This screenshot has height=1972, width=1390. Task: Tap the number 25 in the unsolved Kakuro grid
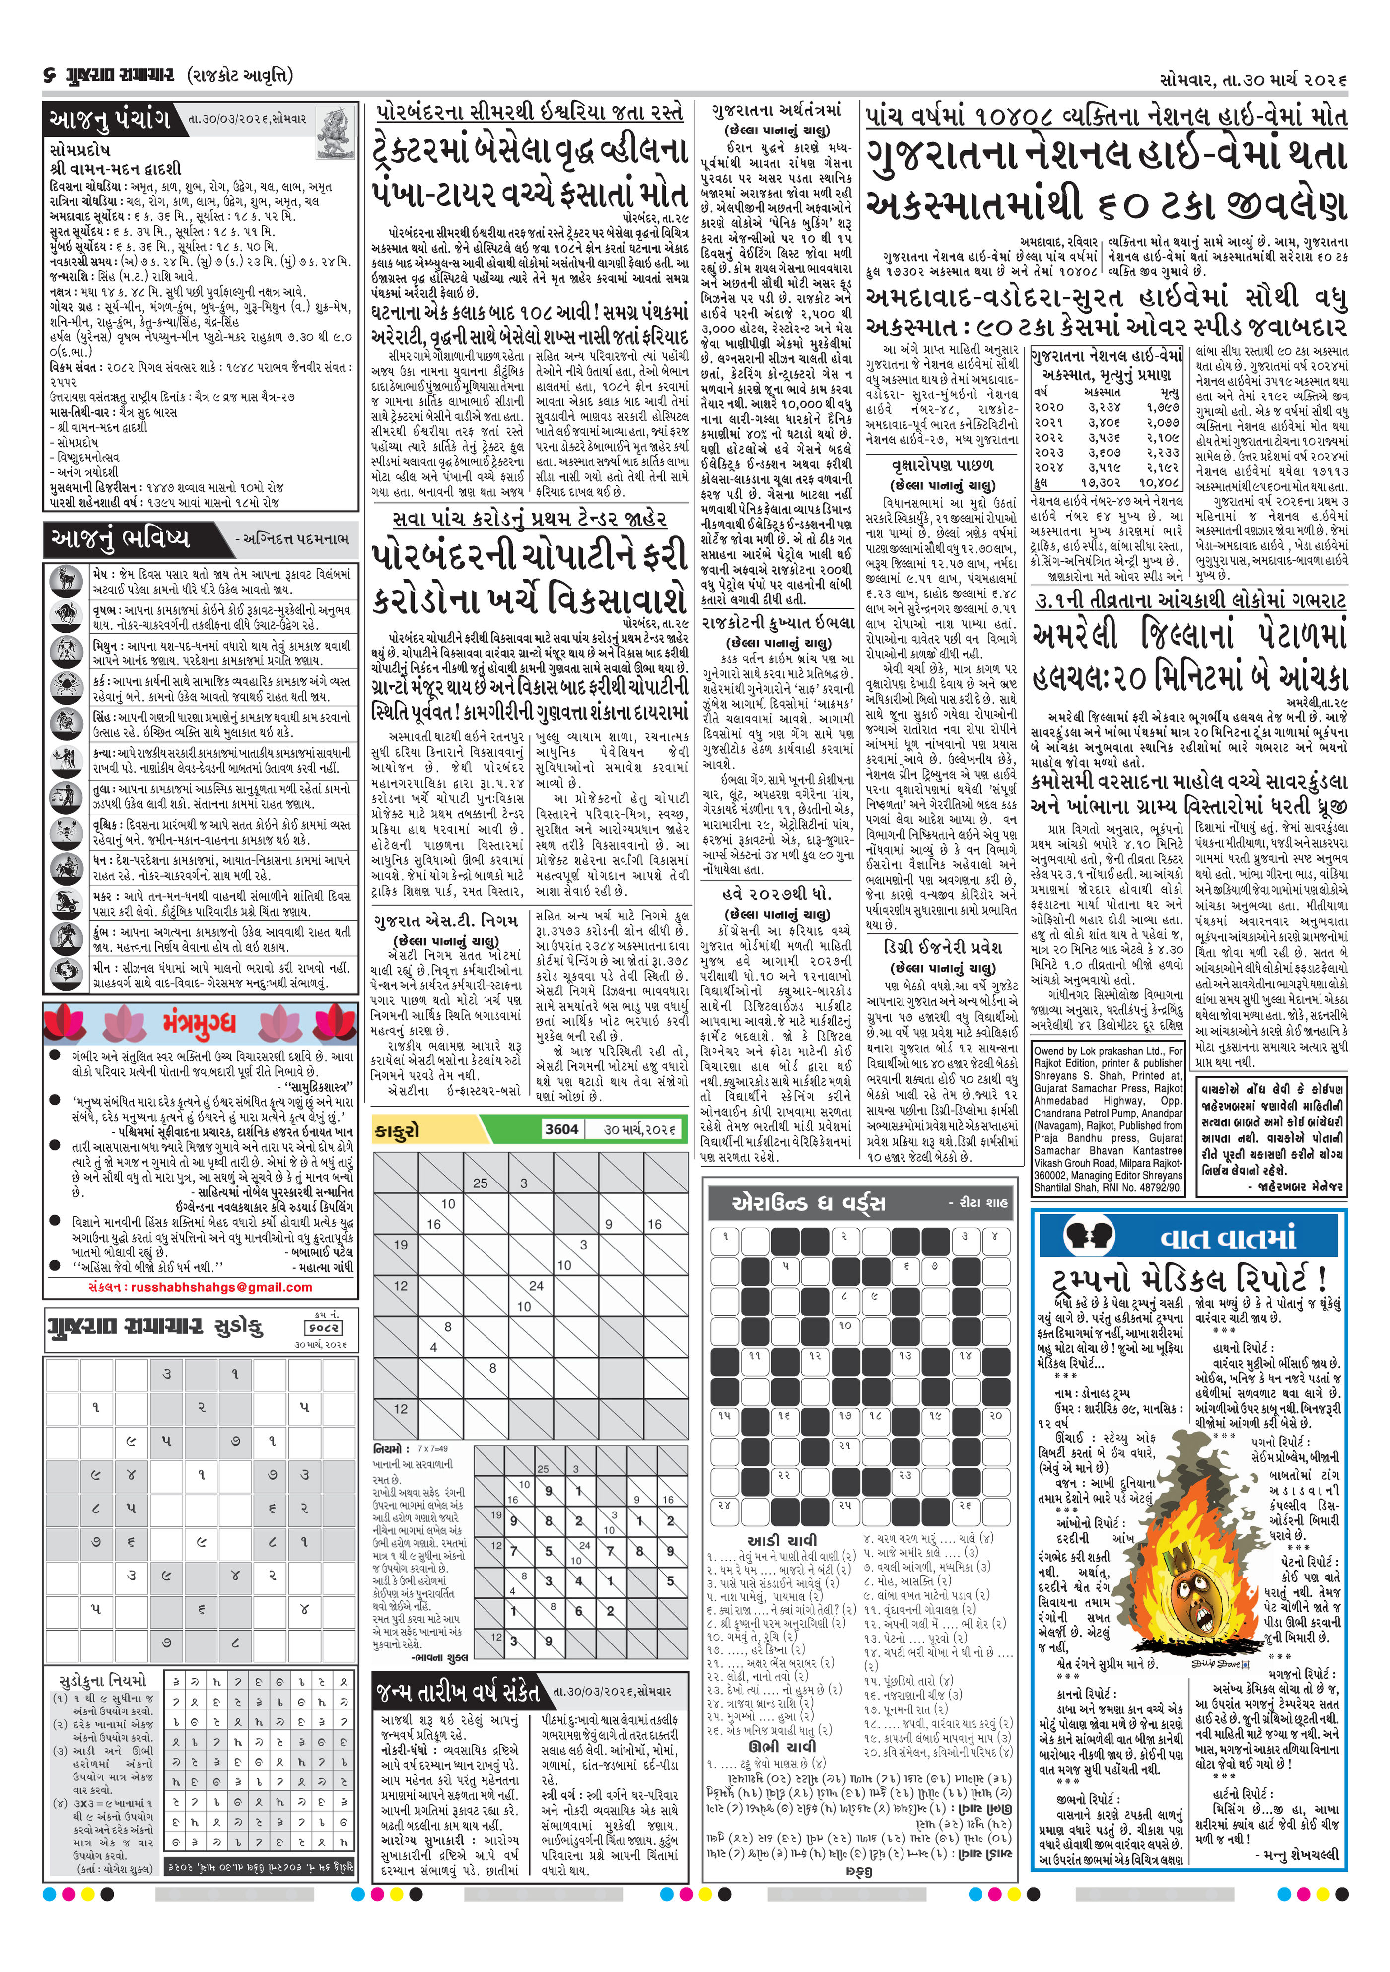point(480,1183)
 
